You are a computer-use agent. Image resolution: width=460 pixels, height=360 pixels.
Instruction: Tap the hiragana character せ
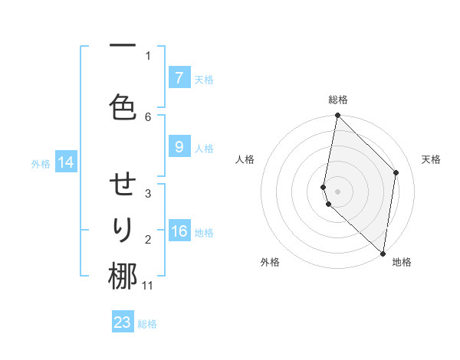[x=123, y=185]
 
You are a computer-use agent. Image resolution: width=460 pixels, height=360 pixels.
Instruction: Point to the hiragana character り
[x=123, y=229]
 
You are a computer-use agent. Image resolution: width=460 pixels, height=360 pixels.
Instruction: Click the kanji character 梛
[x=123, y=277]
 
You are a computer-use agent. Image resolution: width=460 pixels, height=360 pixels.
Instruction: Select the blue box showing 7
[x=179, y=78]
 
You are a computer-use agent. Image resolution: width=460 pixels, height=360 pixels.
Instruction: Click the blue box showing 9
[x=179, y=147]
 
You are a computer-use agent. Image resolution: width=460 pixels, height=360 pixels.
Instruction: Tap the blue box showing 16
[x=179, y=231]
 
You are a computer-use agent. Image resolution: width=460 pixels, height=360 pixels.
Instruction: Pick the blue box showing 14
[x=66, y=162]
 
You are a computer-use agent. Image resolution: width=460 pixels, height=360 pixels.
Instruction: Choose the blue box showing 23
[x=123, y=322]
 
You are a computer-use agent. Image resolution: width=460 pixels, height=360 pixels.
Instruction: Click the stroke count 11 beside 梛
[x=148, y=286]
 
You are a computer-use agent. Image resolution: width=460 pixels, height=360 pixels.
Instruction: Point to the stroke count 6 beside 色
[x=148, y=116]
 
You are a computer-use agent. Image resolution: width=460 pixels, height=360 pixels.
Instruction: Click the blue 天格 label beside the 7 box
[x=204, y=79]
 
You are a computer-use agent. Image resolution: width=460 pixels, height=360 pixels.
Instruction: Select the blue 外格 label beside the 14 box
[x=41, y=163]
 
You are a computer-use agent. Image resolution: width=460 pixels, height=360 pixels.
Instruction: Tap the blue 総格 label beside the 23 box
[x=148, y=323]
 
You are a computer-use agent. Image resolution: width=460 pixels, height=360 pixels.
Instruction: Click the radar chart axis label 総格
[x=338, y=100]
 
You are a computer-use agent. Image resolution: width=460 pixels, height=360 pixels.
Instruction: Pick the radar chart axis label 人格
[x=245, y=159]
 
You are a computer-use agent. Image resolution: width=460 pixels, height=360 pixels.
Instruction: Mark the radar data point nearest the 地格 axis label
[x=383, y=253]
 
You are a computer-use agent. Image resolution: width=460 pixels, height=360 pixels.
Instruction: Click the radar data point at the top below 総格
[x=338, y=116]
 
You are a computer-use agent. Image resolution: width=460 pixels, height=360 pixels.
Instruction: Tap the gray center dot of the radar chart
[x=338, y=191]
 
